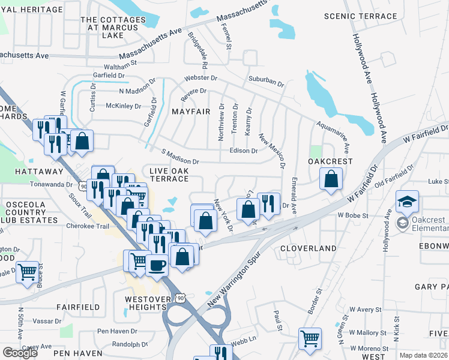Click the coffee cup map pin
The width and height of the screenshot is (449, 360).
[157, 265]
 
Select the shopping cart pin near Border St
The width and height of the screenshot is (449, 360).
[310, 338]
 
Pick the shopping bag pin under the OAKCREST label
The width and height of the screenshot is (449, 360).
[331, 178]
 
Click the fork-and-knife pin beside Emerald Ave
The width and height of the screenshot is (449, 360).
[269, 203]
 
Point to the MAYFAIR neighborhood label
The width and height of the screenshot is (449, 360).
[191, 112]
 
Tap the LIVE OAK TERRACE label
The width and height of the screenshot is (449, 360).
[169, 175]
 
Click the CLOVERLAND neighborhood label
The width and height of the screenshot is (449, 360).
[309, 248]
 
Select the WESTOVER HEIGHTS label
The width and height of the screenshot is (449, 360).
[145, 303]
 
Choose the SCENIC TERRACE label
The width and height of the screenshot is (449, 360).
[353, 16]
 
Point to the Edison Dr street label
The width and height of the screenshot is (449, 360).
[243, 151]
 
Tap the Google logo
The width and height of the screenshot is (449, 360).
[20, 353]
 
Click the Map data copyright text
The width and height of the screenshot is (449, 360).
[423, 355]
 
